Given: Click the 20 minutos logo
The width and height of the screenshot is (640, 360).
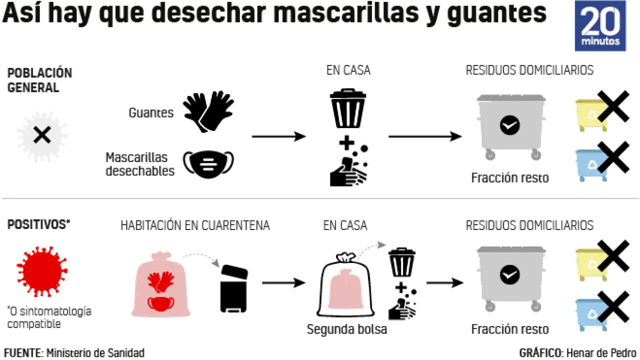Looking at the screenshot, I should pos(600,26).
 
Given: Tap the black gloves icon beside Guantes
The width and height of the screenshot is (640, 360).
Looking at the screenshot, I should pos(208,111).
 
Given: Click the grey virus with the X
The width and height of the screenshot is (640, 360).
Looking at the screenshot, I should pos(42,135).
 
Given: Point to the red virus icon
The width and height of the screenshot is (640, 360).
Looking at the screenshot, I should pos(42,271).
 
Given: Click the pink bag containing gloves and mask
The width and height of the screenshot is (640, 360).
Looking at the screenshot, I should pos(160,286).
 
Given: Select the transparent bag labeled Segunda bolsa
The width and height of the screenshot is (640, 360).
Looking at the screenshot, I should pos(345,288).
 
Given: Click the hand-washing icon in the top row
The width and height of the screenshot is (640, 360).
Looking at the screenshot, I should pos(348,166).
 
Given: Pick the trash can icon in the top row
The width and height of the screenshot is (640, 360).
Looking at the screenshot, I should pos(348,108).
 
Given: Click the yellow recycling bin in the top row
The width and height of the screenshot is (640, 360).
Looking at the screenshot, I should pos(591,114).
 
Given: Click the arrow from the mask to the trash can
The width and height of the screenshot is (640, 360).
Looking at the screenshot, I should pos(278,136).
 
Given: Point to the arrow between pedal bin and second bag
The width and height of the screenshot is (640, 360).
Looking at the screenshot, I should pos(283,283).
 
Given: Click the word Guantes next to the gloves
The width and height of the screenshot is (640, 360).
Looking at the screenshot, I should pos(151,113).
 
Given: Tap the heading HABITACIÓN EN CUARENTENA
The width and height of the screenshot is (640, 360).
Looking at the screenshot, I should pos(195,225).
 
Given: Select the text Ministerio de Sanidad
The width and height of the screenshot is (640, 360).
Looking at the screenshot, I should pos(95,353).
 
